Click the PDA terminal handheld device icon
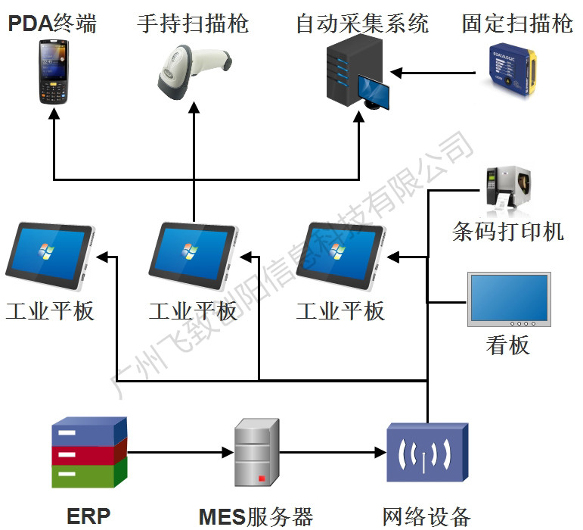click(52, 73)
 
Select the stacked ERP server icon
click(88, 453)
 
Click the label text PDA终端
click(52, 23)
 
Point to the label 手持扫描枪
click(193, 23)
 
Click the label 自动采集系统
click(362, 23)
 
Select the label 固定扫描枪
click(518, 23)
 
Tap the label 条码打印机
click(508, 231)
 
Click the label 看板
click(507, 346)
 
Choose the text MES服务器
click(256, 516)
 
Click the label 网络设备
click(426, 516)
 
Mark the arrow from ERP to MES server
click(178, 454)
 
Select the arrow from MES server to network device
click(329, 454)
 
